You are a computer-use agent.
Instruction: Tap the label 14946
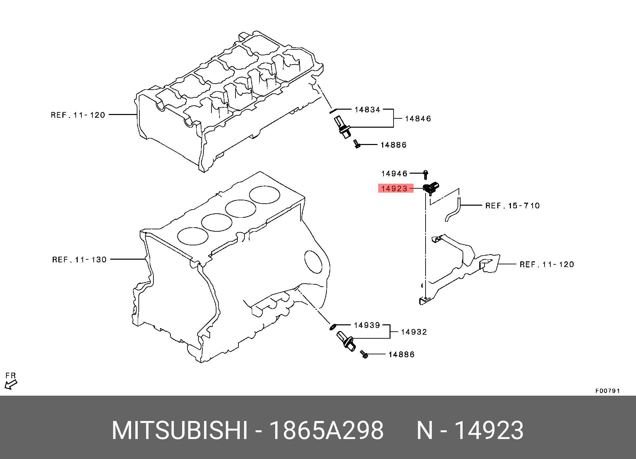(394, 174)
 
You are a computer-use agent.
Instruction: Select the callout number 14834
(367, 109)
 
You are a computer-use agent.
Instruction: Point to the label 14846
(418, 119)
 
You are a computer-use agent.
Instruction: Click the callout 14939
(367, 325)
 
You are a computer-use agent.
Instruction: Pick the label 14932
(414, 332)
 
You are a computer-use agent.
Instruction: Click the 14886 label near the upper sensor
(394, 145)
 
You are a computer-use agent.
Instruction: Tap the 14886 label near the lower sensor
(402, 354)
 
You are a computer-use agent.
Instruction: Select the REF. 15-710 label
(512, 206)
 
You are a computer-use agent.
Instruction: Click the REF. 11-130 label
(79, 259)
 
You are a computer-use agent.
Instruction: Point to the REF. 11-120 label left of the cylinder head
(78, 115)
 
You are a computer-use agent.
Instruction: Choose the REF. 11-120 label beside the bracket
(547, 264)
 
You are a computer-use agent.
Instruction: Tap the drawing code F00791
(607, 391)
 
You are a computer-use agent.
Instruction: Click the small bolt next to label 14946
(426, 174)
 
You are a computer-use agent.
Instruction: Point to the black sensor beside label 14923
(431, 188)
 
